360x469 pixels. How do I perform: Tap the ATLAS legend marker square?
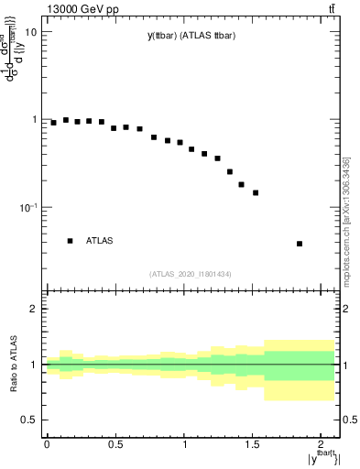tap(70, 241)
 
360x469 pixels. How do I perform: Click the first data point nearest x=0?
tap(53, 123)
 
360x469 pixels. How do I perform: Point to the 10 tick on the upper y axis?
tap(30, 32)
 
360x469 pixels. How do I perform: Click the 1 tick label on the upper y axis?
tap(34, 120)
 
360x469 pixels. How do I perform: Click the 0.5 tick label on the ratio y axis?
tap(29, 420)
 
